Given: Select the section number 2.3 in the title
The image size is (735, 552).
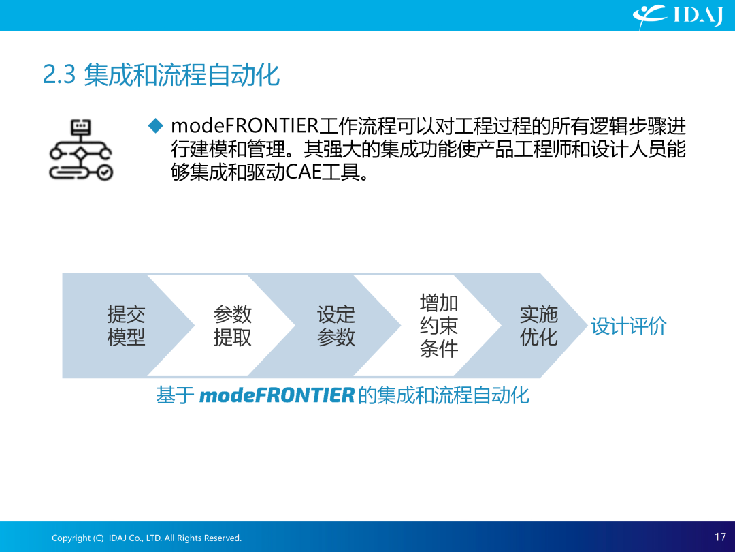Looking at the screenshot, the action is click(59, 75).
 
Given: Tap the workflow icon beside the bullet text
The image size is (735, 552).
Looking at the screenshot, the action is click(81, 149).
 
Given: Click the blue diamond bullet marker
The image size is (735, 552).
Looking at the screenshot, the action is click(155, 126).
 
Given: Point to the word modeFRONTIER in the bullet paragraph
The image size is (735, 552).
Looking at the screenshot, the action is click(245, 126).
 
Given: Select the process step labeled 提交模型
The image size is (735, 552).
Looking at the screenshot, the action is click(126, 325).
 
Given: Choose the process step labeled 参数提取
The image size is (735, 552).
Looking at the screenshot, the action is click(233, 325).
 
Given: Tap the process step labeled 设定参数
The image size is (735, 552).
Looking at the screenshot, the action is click(336, 325).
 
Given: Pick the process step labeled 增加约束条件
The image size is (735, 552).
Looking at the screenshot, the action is click(439, 325).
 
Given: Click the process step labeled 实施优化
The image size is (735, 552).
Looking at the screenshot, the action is click(538, 325).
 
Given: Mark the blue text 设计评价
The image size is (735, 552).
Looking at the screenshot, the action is click(629, 326).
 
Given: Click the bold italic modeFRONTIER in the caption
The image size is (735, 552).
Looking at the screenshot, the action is click(276, 395).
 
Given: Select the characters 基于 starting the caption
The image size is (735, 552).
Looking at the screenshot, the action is click(175, 395).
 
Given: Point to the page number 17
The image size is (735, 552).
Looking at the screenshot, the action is click(721, 536).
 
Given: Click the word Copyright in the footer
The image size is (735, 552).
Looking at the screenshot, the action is click(71, 538).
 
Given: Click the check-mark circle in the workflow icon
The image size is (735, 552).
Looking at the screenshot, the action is click(105, 172).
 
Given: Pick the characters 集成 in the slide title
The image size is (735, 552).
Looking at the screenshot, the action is click(108, 75).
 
